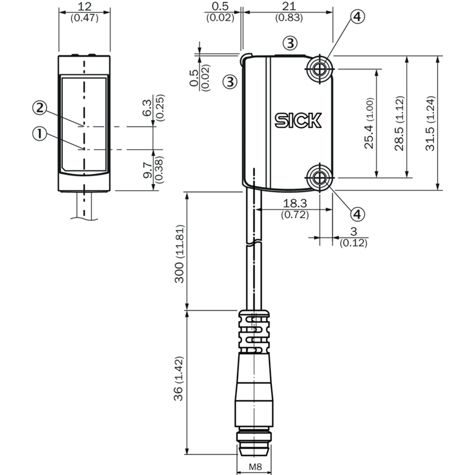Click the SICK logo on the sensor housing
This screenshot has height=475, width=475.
tap(298, 121)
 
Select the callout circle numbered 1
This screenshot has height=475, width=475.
tap(40, 134)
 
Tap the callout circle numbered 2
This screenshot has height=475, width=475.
tap(40, 108)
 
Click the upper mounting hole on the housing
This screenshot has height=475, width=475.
tap(319, 69)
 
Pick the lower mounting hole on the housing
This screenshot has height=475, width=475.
tap(319, 178)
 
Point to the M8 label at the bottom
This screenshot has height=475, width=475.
tap(255, 467)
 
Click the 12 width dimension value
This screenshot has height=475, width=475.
tap(84, 7)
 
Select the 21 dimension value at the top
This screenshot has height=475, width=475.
tap(289, 6)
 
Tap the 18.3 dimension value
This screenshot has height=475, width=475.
tap(294, 203)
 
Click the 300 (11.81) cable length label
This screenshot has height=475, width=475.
tap(179, 254)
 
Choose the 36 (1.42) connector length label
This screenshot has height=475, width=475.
tap(179, 379)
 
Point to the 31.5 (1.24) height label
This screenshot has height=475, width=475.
tap(430, 123)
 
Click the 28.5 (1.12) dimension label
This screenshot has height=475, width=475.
tap(400, 123)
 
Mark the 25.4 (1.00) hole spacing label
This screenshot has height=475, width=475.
tap(369, 123)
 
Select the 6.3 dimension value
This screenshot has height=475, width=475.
tap(147, 108)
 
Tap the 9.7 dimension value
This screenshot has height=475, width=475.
tap(147, 170)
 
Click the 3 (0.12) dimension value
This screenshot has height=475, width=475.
tap(353, 232)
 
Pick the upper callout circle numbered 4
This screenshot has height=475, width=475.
tap(357, 17)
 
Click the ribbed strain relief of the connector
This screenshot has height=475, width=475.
tap(254, 331)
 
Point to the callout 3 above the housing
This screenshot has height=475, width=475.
tap(290, 43)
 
